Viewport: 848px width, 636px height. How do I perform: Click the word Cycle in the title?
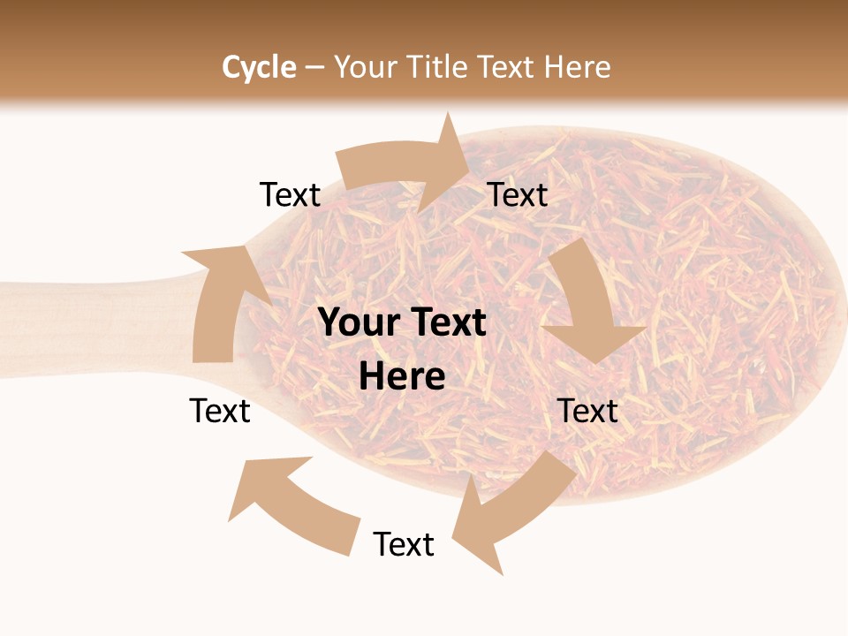click(x=259, y=67)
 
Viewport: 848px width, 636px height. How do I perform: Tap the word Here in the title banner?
click(x=578, y=67)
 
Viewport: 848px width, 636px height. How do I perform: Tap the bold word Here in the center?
click(x=402, y=376)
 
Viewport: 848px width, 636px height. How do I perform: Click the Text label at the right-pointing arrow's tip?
click(x=518, y=194)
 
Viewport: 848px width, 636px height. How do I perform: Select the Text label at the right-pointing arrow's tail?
click(x=290, y=194)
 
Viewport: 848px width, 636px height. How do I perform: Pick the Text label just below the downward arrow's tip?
click(x=588, y=411)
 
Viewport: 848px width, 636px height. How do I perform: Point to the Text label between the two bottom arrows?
click(x=404, y=544)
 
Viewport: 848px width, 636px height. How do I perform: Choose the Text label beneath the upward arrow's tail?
click(x=220, y=411)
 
